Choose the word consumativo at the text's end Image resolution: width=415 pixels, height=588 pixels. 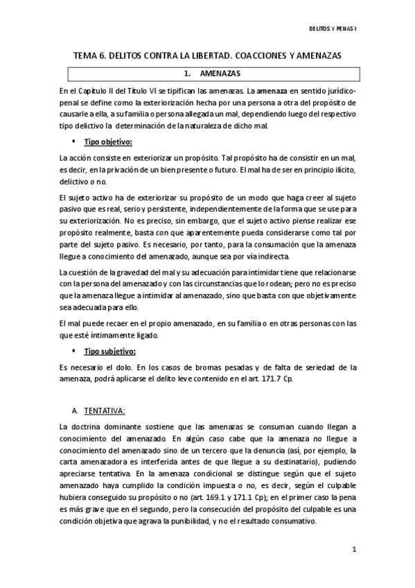(293, 524)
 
